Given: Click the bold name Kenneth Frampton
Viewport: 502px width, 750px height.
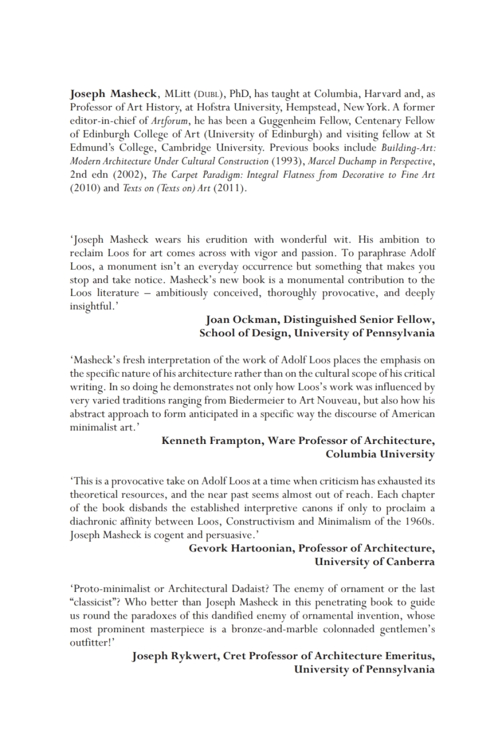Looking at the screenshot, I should coord(213,440).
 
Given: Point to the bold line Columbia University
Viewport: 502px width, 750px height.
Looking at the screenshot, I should coord(380,454).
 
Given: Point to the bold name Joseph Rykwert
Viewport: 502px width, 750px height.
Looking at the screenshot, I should coord(175,656).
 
